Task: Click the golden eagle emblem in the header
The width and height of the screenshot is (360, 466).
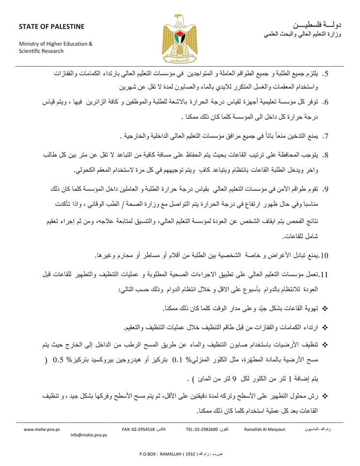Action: click(180, 37)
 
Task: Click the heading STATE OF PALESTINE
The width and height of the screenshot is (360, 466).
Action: click(51, 26)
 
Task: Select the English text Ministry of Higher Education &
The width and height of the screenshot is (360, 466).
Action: click(55, 44)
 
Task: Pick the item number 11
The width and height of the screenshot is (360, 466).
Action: click(325, 275)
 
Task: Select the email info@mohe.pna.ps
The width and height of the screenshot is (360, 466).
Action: click(89, 435)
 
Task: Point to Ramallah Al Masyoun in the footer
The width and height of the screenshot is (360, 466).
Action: click(264, 429)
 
